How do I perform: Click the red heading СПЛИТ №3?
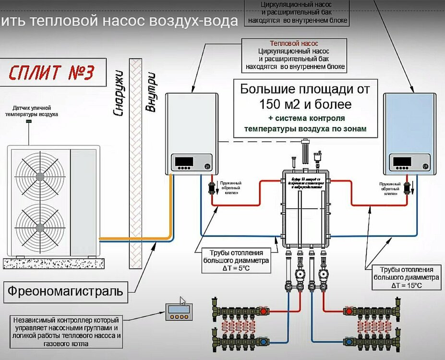[52, 72]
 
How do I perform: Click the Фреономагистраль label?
[64, 290]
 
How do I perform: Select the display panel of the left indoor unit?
[184, 162]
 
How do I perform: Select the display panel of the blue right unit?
[402, 162]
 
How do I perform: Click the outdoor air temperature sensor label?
[32, 111]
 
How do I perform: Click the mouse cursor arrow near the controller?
[182, 301]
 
